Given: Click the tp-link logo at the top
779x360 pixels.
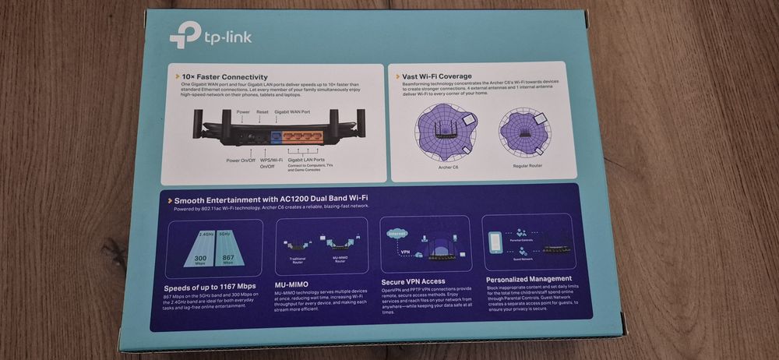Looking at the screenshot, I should [x=210, y=36].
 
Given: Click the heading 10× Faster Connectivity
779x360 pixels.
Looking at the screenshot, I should [x=224, y=77].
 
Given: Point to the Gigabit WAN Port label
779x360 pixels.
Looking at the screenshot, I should [x=293, y=112].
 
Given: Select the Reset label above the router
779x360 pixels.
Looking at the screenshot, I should [x=263, y=112].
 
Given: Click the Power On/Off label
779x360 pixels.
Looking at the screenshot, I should [x=241, y=161].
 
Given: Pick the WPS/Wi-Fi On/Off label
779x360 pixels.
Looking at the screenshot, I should [x=273, y=163].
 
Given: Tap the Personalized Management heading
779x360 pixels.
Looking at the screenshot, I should [x=529, y=278].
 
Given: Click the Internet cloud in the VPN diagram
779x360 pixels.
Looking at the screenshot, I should [x=397, y=233].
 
